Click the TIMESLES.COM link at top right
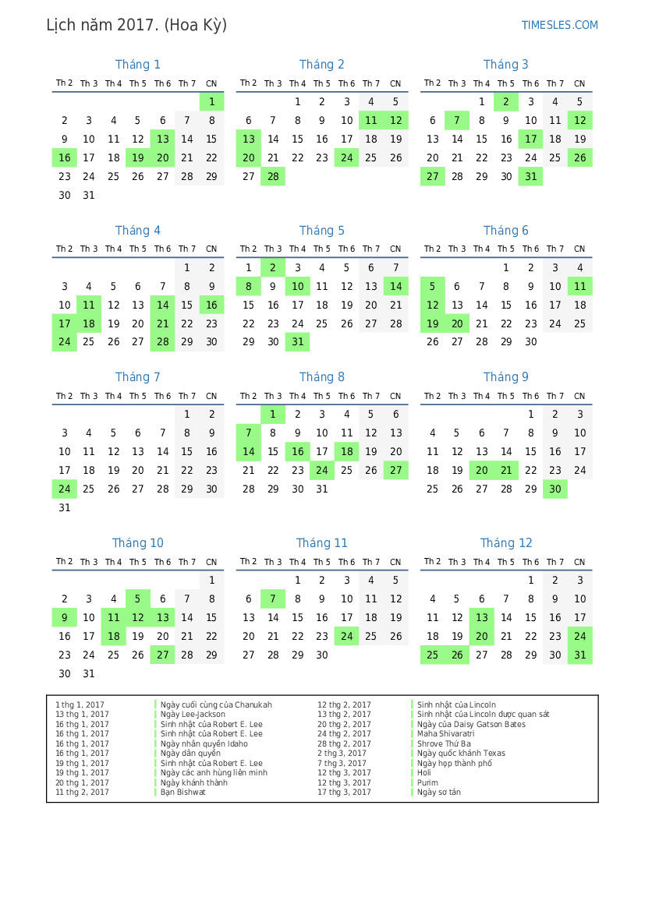tap(559, 25)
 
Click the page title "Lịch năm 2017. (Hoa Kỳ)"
tap(136, 25)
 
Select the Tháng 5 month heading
tap(321, 231)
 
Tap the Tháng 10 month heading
tap(137, 543)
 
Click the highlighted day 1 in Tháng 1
tap(211, 101)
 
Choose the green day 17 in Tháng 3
tap(531, 139)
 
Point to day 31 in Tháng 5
tap(297, 342)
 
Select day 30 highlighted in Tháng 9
tap(555, 489)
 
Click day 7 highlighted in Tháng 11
tap(273, 599)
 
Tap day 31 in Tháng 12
tap(579, 655)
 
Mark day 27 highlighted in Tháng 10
tap(162, 655)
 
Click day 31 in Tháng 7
tap(65, 508)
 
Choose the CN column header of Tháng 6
tap(579, 249)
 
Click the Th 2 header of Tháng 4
tap(65, 249)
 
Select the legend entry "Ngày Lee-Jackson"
tap(193, 715)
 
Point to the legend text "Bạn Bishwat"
tap(183, 793)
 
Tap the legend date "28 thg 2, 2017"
tap(344, 743)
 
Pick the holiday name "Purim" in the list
tap(427, 782)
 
